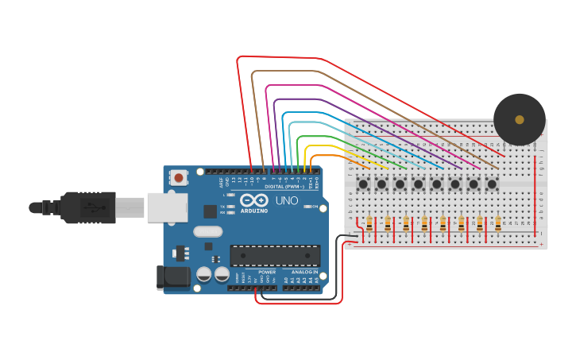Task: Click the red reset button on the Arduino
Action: click(x=179, y=178)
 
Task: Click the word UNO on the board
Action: click(x=286, y=202)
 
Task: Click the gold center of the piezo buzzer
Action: click(x=520, y=120)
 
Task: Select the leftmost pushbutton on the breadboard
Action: click(x=363, y=184)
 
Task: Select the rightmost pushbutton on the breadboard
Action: click(x=492, y=184)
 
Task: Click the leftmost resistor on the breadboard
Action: click(x=369, y=224)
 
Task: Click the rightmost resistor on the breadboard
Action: click(x=497, y=224)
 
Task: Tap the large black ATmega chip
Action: click(x=275, y=255)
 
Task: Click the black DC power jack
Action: click(x=172, y=277)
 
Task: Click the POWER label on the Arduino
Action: click(x=267, y=272)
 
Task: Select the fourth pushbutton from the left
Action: click(x=418, y=184)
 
